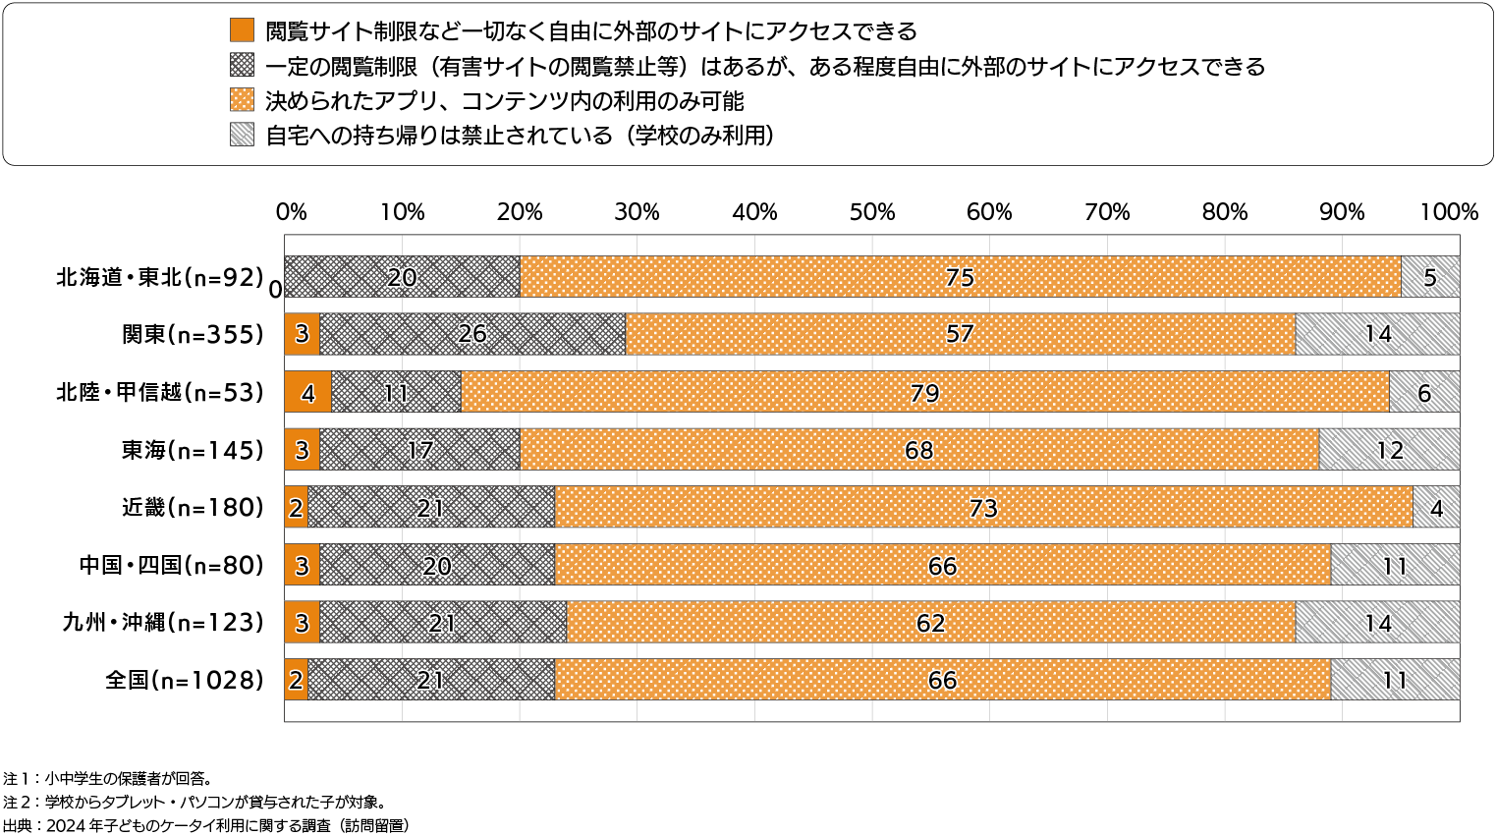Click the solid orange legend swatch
tap(242, 30)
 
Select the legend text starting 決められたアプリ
tap(505, 100)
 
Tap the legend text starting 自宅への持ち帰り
tap(520, 135)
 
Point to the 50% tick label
tap(871, 212)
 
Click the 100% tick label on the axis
tap(1449, 212)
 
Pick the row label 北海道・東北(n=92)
tap(160, 277)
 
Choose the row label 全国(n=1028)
tap(185, 680)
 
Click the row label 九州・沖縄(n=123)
tap(163, 623)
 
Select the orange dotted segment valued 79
tap(924, 392)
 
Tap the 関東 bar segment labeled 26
tap(472, 334)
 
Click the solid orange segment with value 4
tap(307, 392)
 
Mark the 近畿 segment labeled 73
tap(983, 507)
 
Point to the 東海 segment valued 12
tap(1389, 450)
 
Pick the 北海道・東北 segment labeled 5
tap(1430, 277)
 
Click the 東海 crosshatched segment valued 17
tap(419, 450)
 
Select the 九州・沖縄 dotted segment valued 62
tap(930, 623)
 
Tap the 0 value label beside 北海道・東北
tap(276, 289)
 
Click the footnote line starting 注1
tap(107, 778)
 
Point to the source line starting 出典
tap(205, 825)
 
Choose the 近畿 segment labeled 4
tap(1436, 507)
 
